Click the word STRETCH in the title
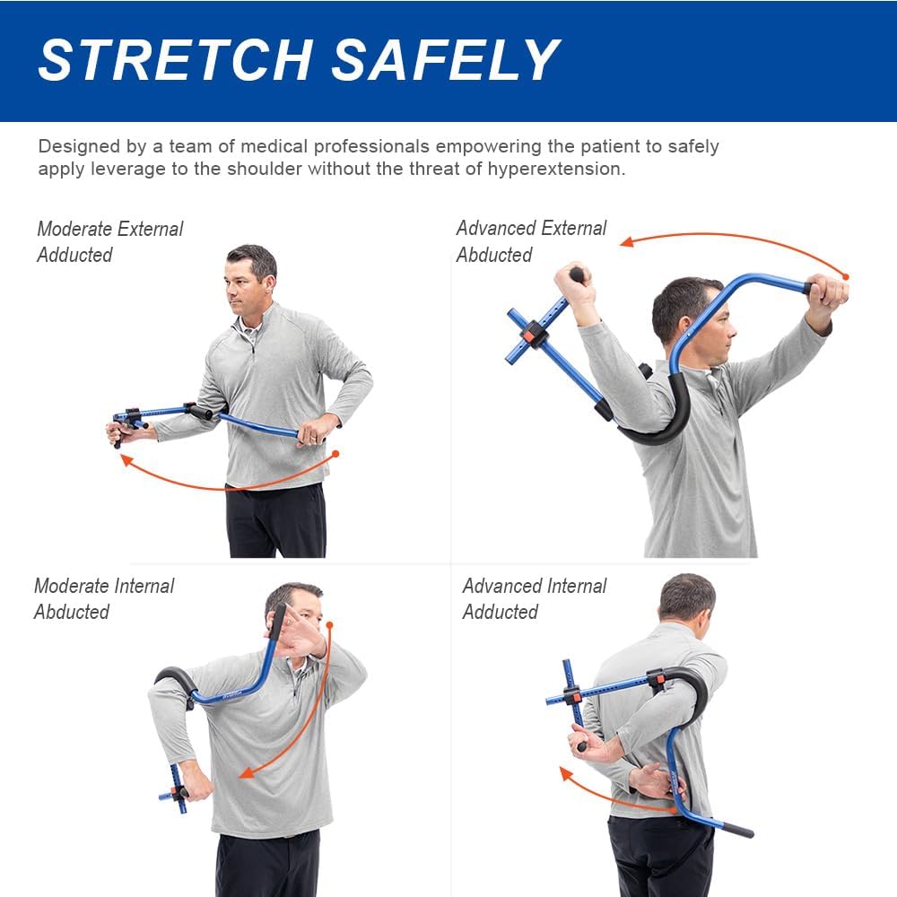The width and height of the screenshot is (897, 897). click(175, 61)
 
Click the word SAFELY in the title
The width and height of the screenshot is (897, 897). click(446, 61)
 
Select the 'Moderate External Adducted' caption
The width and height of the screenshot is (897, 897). click(109, 241)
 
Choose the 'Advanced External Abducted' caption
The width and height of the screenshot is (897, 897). click(531, 241)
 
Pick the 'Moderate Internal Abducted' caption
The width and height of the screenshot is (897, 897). click(104, 598)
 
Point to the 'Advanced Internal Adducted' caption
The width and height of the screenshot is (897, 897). click(534, 598)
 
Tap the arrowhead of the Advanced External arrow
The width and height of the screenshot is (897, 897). click(628, 241)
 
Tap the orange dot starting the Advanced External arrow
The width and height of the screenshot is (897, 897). click(845, 277)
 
